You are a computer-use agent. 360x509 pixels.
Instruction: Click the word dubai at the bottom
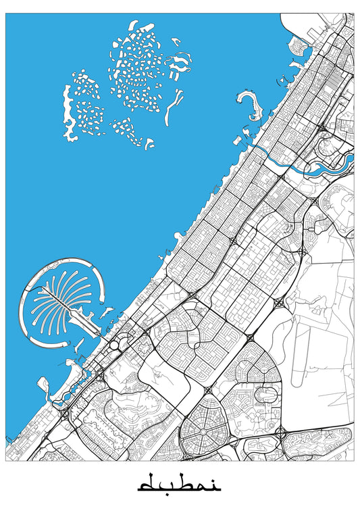[x=180, y=485]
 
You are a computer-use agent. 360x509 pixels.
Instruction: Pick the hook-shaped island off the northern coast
[x=251, y=106]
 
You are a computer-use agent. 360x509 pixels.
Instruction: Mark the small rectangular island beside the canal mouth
[x=238, y=140]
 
